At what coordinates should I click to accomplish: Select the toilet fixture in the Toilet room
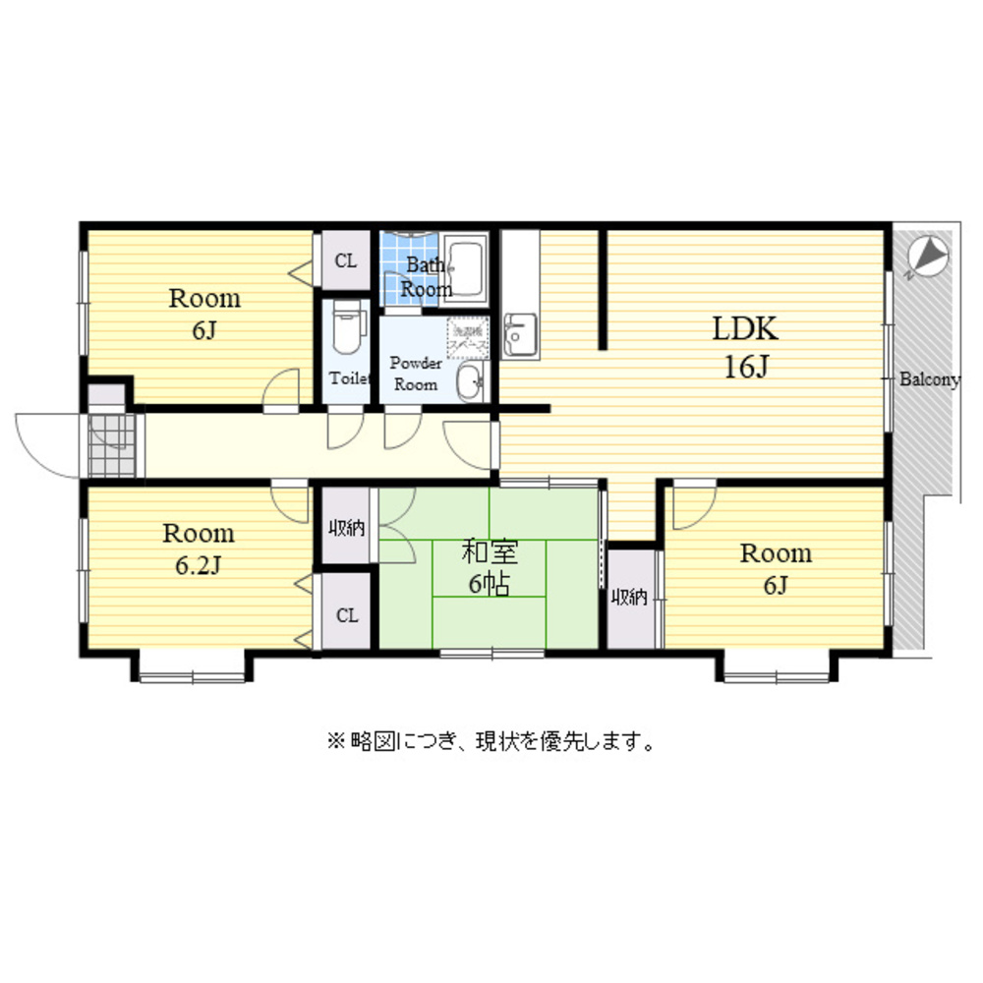click(346, 329)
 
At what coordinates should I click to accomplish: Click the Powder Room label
click(415, 374)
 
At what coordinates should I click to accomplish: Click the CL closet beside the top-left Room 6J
click(345, 260)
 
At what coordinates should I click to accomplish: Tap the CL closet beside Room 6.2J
click(346, 615)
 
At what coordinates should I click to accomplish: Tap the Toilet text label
click(348, 378)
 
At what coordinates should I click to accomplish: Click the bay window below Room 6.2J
click(192, 671)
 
